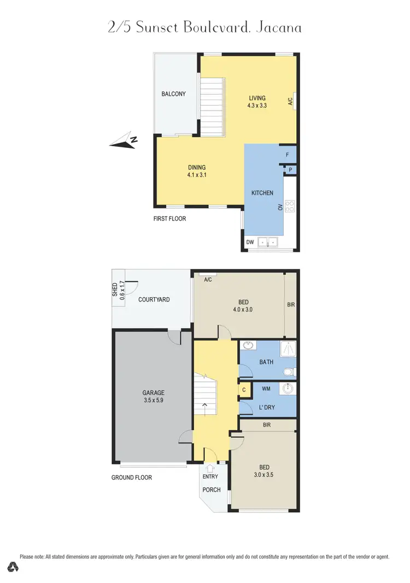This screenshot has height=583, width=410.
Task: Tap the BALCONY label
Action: point(173,94)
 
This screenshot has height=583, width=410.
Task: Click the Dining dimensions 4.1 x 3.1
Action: point(196,175)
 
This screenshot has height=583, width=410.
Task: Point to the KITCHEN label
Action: point(262,193)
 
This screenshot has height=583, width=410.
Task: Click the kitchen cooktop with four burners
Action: point(290,206)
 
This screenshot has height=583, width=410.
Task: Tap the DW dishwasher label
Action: point(250,241)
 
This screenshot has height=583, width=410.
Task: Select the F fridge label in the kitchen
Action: point(288,155)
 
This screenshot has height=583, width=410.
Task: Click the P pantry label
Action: point(290,170)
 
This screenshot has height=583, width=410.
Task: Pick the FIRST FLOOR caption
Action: point(169,218)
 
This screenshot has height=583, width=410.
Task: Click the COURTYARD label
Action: point(154,299)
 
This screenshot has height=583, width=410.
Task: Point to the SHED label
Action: point(115,289)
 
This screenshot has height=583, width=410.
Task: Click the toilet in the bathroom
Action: point(288,372)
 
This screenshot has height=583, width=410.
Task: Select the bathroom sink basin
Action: point(249,345)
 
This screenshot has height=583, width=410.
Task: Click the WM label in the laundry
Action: point(266,389)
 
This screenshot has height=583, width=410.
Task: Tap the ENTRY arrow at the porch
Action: point(210,468)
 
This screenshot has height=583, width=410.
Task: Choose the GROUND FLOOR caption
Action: point(132,477)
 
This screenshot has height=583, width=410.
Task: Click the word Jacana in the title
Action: point(278,27)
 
